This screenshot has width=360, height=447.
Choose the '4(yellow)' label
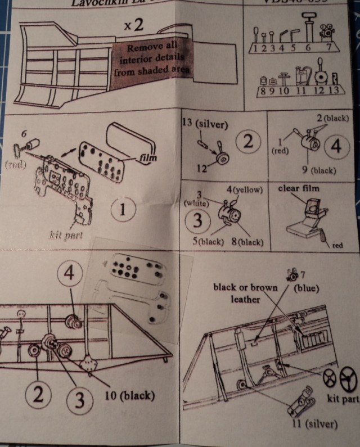[245, 189]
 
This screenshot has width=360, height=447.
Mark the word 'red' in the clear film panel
[337, 246]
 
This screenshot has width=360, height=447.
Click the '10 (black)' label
[130, 395]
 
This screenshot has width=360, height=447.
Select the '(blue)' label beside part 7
[307, 288]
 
